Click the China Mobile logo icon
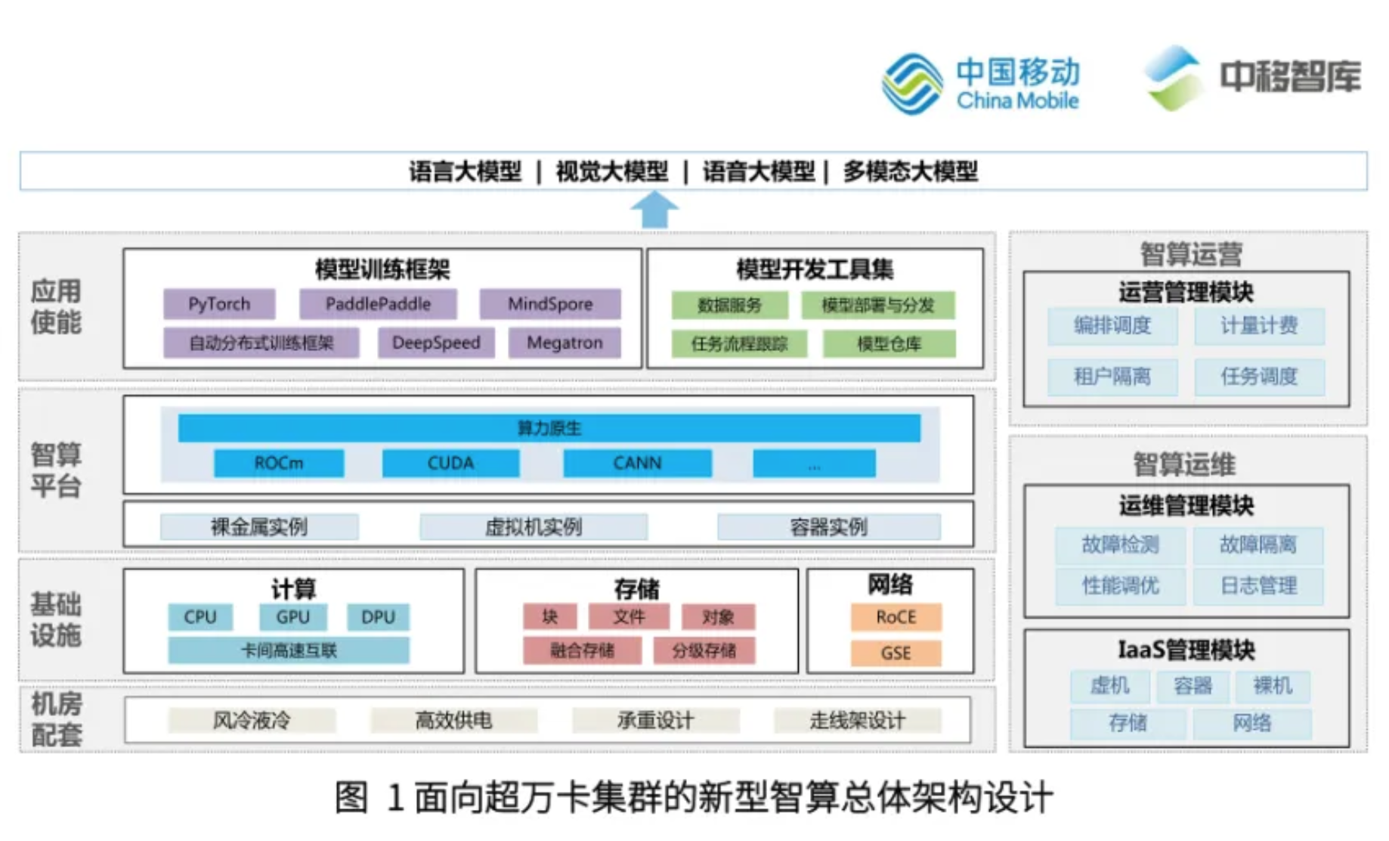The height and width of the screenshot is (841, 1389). [912, 84]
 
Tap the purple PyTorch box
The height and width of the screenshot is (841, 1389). [219, 304]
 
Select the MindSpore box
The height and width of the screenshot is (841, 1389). [550, 304]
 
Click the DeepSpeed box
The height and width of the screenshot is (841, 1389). [436, 343]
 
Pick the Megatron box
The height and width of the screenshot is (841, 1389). [565, 343]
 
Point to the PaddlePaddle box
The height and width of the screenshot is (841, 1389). [378, 304]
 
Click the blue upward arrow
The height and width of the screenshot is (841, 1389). [654, 209]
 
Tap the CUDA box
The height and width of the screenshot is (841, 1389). [450, 463]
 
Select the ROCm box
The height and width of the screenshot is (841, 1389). [279, 463]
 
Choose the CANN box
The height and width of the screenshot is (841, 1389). [637, 463]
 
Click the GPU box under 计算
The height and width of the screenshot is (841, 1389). [293, 617]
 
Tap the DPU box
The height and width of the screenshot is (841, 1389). [378, 617]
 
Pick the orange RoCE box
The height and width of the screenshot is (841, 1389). [896, 617]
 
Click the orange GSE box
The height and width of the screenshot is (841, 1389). [896, 653]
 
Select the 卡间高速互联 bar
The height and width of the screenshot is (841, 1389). [289, 650]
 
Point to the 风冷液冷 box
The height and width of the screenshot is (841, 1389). [252, 720]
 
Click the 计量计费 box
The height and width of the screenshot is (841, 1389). [1259, 326]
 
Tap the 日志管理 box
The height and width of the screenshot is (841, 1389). [1258, 585]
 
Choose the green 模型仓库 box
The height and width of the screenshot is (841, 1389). [889, 344]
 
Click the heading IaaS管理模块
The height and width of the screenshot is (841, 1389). [1186, 650]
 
